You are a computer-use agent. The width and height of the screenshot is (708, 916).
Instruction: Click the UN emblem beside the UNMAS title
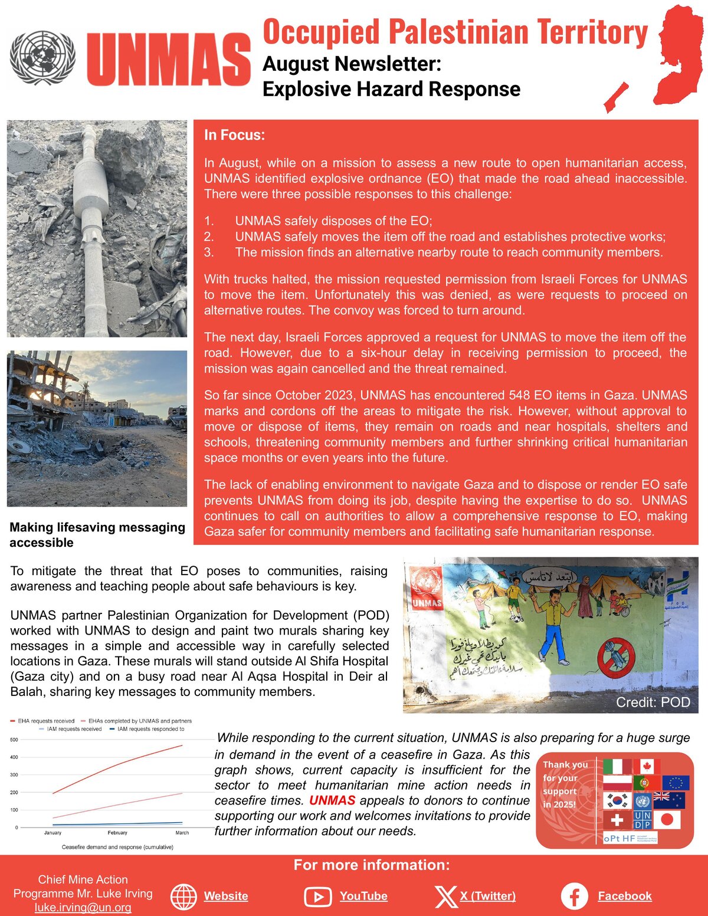[42, 58]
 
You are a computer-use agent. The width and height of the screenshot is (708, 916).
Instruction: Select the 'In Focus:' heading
[234, 135]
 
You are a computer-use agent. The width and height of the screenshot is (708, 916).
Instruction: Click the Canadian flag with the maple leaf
[646, 766]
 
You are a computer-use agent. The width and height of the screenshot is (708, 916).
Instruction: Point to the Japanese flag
[667, 820]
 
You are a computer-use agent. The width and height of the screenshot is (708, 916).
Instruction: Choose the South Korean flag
[617, 801]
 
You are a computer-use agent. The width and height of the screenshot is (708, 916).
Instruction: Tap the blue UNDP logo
[643, 820]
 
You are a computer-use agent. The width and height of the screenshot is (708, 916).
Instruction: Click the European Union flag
[676, 783]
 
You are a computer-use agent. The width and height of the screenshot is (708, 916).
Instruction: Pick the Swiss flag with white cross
[617, 820]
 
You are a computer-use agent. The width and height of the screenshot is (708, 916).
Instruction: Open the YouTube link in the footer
[363, 896]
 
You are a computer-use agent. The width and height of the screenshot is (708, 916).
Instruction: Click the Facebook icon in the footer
[574, 896]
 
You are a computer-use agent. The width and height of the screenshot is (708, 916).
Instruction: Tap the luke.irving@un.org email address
[83, 907]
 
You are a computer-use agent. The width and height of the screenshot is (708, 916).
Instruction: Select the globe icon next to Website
[183, 897]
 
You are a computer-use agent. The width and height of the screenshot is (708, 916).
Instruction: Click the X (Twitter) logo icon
[445, 896]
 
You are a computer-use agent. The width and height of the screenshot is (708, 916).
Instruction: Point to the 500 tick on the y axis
[14, 740]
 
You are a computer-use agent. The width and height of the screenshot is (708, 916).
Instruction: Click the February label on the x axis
[117, 833]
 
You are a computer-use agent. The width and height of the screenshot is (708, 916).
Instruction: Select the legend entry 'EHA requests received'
[46, 721]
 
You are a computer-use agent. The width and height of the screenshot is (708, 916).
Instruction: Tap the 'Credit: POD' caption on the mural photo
[653, 702]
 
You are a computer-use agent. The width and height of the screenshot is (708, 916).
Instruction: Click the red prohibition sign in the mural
[616, 657]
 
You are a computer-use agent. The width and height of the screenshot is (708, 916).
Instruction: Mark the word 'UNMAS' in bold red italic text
[332, 800]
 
